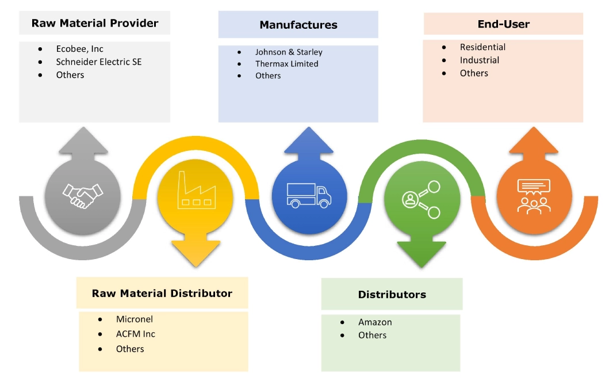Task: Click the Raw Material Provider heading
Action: pyautogui.click(x=95, y=24)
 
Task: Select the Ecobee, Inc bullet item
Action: pyautogui.click(x=79, y=49)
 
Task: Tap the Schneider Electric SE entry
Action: pyautogui.click(x=98, y=62)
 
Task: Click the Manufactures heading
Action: pyautogui.click(x=298, y=25)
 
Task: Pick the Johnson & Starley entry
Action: pyautogui.click(x=289, y=52)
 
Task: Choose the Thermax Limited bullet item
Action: pyautogui.click(x=286, y=64)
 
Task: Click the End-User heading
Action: pyautogui.click(x=503, y=24)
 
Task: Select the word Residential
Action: pyautogui.click(x=482, y=47)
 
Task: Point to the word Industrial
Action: pyautogui.click(x=479, y=60)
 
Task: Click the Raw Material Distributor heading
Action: pyautogui.click(x=162, y=293)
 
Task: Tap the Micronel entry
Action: pyautogui.click(x=134, y=319)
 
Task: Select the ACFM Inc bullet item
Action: pyautogui.click(x=135, y=334)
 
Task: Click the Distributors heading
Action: pyautogui.click(x=392, y=294)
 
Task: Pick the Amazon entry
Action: pyautogui.click(x=375, y=322)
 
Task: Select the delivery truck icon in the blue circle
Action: pyautogui.click(x=309, y=196)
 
